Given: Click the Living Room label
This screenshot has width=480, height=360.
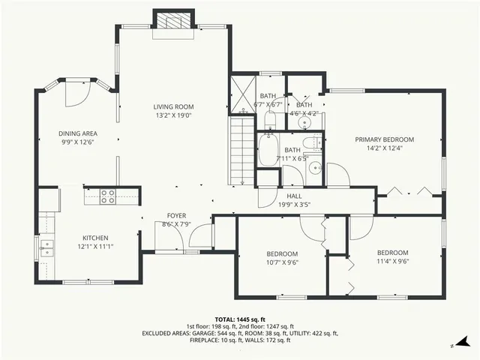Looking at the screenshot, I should tap(173, 106).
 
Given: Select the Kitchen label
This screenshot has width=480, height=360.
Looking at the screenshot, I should tap(95, 237).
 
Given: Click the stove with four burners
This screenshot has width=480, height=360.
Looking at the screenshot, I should tap(108, 197).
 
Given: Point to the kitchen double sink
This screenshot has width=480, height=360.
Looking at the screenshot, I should tap(46, 247).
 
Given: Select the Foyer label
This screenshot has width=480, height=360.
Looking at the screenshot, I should tap(176, 214).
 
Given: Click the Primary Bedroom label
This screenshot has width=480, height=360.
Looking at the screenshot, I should tap(384, 139).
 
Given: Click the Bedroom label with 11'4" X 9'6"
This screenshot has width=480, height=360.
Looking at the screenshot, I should tap(392, 252).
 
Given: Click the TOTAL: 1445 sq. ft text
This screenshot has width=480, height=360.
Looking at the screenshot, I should tap(240, 319).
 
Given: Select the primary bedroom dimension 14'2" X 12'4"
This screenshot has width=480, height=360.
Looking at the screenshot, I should tap(384, 148).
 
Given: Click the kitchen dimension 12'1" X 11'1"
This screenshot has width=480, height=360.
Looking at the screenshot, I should tap(95, 246).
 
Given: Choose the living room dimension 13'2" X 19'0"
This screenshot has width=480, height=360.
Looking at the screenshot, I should tap(173, 115).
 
